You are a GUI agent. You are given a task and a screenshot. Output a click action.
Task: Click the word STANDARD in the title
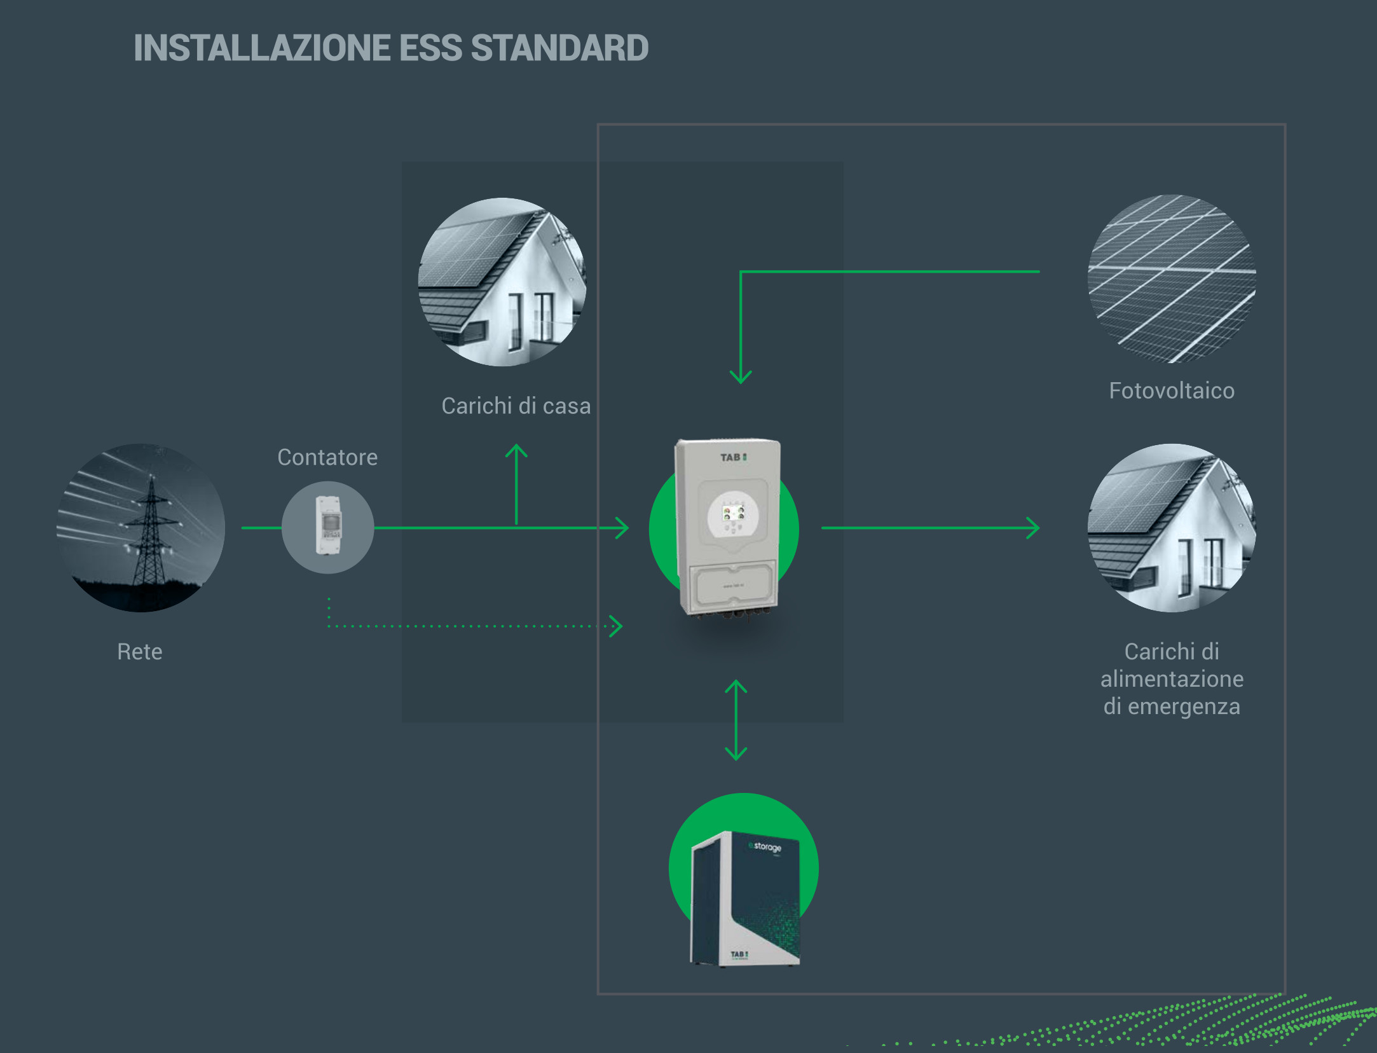tap(559, 48)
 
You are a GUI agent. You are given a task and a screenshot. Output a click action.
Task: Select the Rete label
tap(140, 652)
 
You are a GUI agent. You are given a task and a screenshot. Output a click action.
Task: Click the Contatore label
tap(327, 457)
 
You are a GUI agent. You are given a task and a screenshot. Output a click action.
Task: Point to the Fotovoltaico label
tap(1172, 390)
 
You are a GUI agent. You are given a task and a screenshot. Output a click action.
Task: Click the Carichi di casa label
tap(516, 406)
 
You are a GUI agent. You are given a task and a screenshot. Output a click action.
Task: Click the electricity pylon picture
tap(140, 528)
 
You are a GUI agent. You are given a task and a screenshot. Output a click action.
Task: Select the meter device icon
tap(328, 527)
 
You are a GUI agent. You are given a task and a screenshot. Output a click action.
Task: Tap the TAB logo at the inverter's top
tap(733, 457)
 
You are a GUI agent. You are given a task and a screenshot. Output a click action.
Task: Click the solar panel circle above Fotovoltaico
tap(1172, 279)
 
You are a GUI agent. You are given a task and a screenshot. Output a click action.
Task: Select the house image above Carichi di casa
tap(502, 282)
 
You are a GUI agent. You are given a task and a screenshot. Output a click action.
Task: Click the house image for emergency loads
tap(1172, 528)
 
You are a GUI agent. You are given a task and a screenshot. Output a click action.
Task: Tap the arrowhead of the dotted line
tap(616, 626)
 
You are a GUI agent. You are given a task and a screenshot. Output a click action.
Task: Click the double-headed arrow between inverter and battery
tap(736, 720)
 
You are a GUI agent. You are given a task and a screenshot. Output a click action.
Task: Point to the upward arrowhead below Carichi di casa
tap(516, 450)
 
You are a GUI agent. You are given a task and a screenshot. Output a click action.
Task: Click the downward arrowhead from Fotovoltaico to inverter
tap(741, 376)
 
